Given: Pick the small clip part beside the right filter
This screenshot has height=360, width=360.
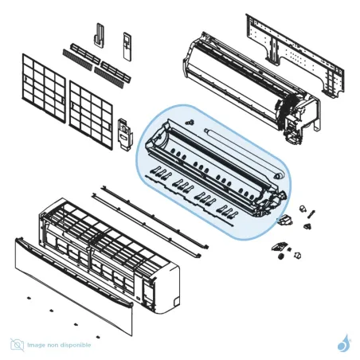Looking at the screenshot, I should pos(124,131).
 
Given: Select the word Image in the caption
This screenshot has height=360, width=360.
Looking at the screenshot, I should pos(37,345).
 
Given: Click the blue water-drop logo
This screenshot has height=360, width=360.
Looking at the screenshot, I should pos(343,343).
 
